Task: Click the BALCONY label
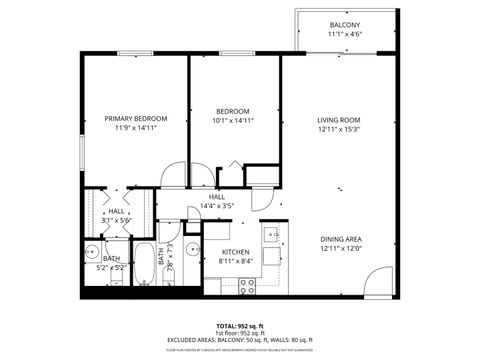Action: click(344, 25)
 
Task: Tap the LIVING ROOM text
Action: click(340, 119)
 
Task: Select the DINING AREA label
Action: click(340, 239)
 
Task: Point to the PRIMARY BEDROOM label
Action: click(136, 119)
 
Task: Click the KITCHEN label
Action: click(235, 252)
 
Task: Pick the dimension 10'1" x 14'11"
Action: click(233, 120)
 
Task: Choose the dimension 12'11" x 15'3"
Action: click(340, 128)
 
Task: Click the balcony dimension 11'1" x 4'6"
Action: click(344, 35)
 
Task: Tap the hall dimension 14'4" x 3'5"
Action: click(216, 205)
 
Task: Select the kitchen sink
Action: click(271, 236)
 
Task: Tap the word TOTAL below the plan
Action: click(227, 326)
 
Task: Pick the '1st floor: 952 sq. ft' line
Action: click(240, 333)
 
